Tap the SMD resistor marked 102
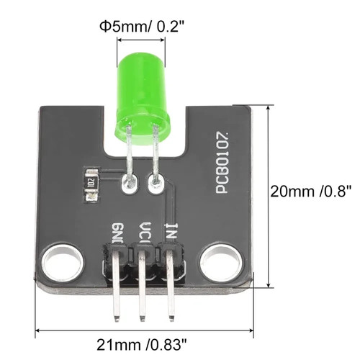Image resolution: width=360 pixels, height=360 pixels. click(x=91, y=185)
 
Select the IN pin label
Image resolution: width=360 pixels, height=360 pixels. click(x=171, y=231)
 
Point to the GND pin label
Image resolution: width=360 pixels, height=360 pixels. click(x=118, y=233)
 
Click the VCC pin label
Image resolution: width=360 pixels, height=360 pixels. click(x=145, y=233)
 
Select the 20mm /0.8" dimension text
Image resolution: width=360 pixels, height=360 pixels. click(x=311, y=192)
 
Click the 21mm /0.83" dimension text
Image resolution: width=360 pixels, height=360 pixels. click(x=142, y=345)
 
